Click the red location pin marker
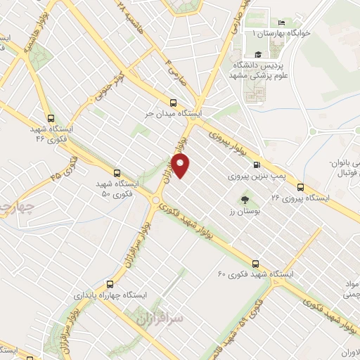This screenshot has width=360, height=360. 181,167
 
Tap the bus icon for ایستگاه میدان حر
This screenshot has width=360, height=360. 174,102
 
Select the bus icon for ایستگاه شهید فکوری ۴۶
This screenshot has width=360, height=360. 50,120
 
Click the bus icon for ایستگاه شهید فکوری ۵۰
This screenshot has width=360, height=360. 117,173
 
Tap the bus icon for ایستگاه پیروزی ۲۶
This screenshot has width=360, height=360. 300,187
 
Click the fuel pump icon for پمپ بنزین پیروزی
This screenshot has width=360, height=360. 266,158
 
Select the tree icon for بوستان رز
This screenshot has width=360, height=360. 244,200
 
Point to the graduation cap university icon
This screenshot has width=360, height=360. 258,54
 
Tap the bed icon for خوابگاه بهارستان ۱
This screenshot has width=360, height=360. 281,23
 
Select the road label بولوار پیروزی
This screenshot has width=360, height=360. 226,141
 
